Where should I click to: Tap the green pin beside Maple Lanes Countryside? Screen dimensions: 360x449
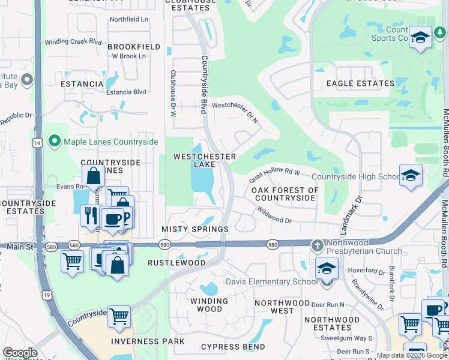pos(55,142)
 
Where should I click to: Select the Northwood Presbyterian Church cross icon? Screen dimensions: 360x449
pos(318,245)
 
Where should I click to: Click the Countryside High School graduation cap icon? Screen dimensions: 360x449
pos(411,175)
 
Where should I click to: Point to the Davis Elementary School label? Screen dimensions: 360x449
pos(271,281)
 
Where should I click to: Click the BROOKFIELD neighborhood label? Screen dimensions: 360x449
pos(134,46)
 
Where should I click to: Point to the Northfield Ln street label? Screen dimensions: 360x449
pos(128,20)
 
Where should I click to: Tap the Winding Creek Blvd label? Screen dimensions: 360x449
pos(73,42)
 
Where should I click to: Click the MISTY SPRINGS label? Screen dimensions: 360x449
pos(195,229)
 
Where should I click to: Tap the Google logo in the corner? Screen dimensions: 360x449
pos(20,353)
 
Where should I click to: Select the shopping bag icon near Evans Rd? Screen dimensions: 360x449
pos(94,176)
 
